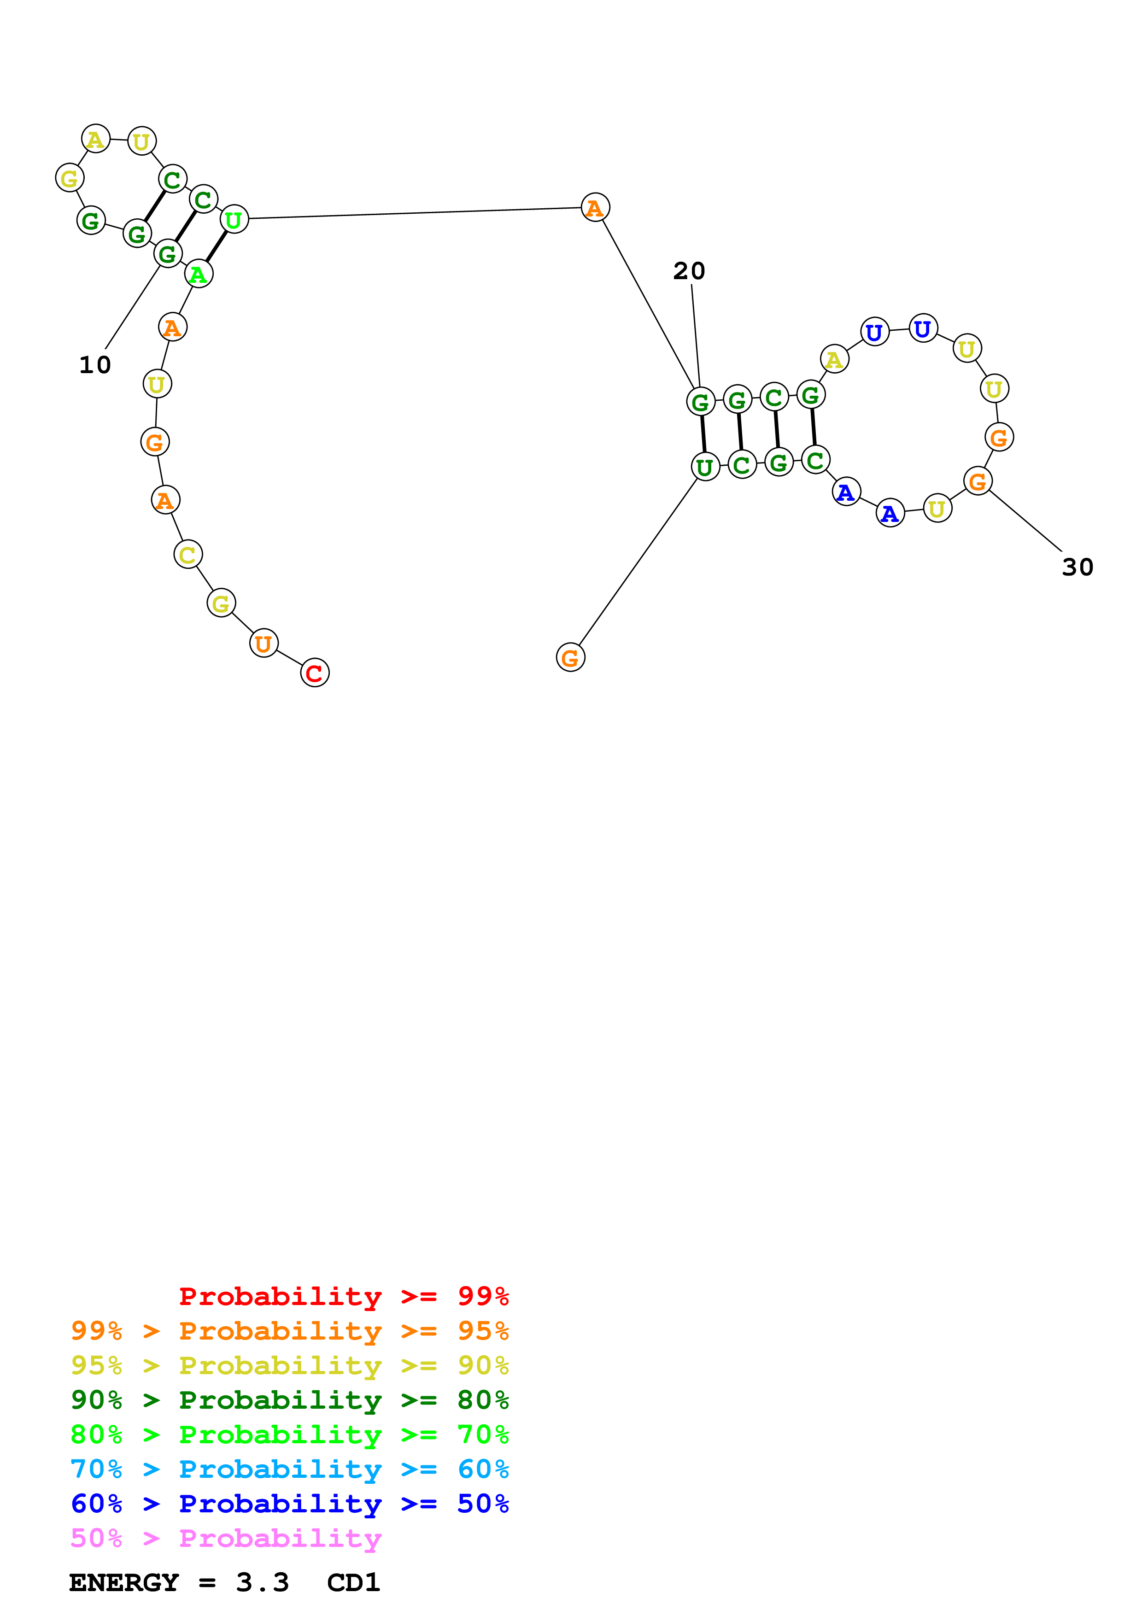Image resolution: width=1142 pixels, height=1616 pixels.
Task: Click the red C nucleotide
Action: (x=315, y=673)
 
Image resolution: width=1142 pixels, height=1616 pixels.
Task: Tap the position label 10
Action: (x=95, y=364)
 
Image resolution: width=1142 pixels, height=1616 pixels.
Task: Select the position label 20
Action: (x=689, y=271)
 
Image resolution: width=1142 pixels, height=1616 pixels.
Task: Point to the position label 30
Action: (x=1077, y=567)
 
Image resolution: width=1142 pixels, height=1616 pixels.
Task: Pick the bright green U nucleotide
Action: (x=234, y=220)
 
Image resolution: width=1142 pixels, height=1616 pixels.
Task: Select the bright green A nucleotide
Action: (x=199, y=274)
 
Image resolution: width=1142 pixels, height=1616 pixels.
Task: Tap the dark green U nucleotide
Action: (x=705, y=467)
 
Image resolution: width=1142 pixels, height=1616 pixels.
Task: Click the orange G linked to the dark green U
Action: (x=570, y=657)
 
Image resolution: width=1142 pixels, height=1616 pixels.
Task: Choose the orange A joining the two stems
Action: (x=595, y=208)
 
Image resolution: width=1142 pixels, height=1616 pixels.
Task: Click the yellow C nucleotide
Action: (x=188, y=555)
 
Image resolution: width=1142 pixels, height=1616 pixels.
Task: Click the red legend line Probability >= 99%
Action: (x=343, y=1296)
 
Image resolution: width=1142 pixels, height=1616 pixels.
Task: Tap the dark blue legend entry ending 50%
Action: (x=289, y=1504)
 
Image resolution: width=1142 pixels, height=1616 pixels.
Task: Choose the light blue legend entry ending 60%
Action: (x=289, y=1470)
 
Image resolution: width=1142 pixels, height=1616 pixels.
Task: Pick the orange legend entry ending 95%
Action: (x=289, y=1331)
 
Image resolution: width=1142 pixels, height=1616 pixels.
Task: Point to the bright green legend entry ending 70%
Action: (x=289, y=1435)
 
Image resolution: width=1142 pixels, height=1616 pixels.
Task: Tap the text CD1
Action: (x=353, y=1583)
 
